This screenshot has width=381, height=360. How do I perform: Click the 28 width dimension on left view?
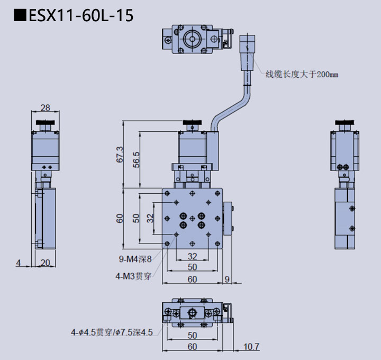(46, 107)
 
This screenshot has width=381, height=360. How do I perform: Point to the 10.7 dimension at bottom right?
(252, 347)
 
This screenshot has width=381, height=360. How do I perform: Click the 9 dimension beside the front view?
(227, 279)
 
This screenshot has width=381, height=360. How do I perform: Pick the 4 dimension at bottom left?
(18, 263)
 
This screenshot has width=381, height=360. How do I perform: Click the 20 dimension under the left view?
(46, 263)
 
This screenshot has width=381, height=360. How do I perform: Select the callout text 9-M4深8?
(135, 259)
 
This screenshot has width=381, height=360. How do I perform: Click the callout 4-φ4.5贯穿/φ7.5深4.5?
(112, 332)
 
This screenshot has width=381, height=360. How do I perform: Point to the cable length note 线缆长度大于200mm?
(302, 75)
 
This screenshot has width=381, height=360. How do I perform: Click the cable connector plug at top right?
(247, 43)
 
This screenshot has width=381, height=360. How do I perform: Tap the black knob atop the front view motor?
(192, 125)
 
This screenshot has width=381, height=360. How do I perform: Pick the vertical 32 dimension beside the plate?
(151, 218)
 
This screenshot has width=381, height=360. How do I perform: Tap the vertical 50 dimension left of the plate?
(136, 218)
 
